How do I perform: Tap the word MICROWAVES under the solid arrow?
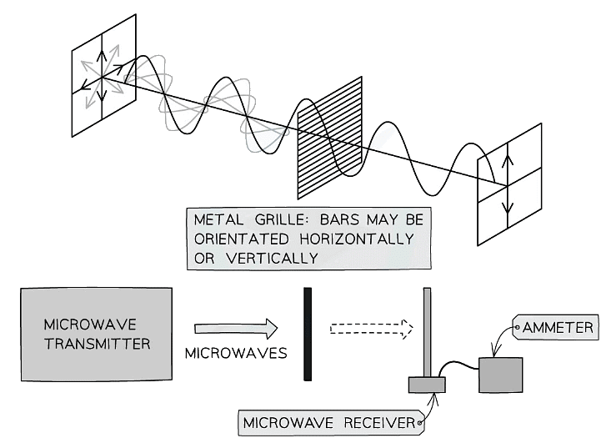coord(235,353)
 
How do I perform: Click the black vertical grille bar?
coord(308,334)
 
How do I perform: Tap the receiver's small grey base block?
coord(427,385)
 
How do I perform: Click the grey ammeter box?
coord(500,375)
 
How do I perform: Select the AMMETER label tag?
coord(558,328)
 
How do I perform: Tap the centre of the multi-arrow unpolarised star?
coord(100,74)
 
